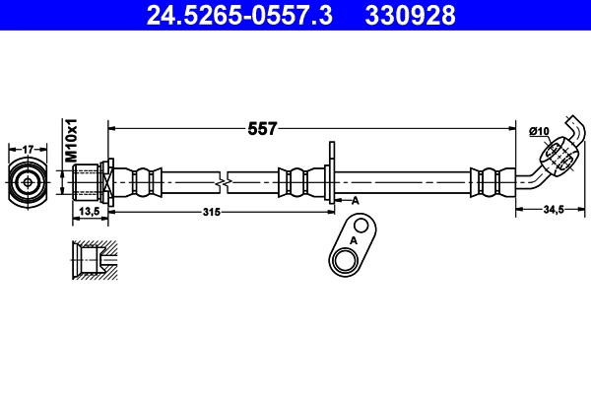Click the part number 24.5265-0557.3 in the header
[x=239, y=15]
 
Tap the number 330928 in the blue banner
[x=410, y=15]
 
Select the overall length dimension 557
[x=262, y=129]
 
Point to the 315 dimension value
[x=212, y=213]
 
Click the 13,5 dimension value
[x=90, y=212]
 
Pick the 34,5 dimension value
[x=554, y=209]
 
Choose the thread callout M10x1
[x=71, y=140]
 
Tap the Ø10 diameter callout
[x=539, y=131]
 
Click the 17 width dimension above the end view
[x=28, y=150]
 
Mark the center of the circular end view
[x=28, y=183]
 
